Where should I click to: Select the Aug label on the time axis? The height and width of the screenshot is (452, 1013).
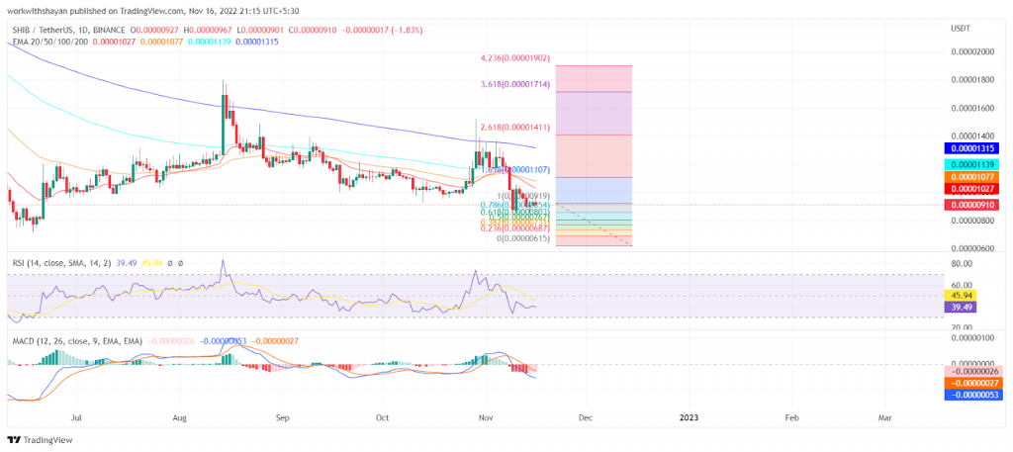click(x=179, y=418)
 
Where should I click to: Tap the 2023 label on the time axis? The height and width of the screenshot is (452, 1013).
click(x=689, y=418)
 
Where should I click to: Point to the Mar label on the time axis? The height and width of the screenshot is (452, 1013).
click(x=884, y=418)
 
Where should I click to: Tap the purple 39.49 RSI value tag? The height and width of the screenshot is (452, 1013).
click(x=958, y=308)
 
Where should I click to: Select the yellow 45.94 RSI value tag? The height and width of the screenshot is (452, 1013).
click(x=958, y=295)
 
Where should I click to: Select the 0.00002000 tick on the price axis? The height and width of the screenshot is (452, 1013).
click(x=970, y=51)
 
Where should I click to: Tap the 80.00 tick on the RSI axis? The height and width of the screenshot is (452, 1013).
click(x=959, y=264)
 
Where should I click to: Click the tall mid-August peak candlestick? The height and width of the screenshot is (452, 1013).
click(x=225, y=109)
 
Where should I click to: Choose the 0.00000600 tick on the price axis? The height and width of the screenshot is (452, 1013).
click(x=970, y=247)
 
